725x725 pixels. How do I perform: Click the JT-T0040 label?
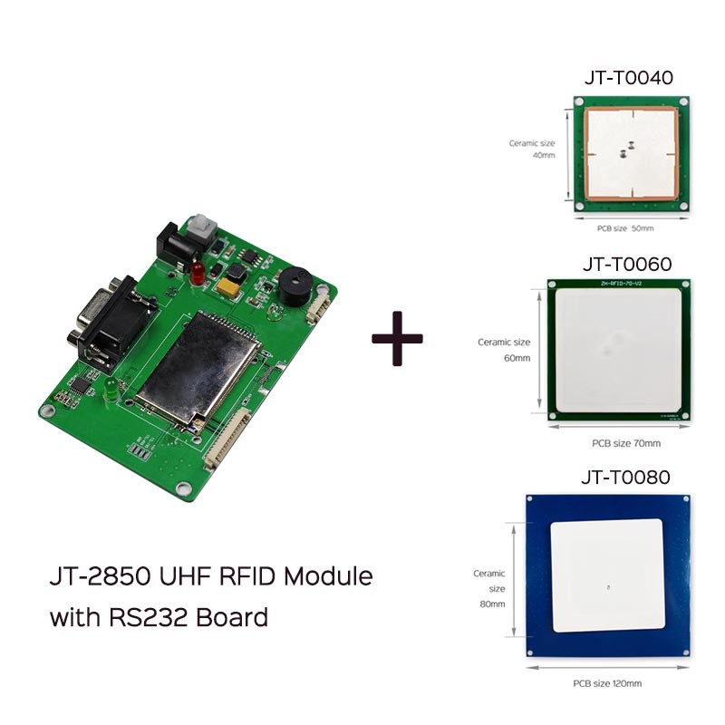coord(628,78)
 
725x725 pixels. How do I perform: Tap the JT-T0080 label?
coord(625,477)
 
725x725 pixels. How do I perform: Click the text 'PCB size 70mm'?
coord(625,442)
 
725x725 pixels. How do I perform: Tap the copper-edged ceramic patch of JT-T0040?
coord(631,151)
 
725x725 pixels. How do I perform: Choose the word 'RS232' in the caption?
coord(147,618)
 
